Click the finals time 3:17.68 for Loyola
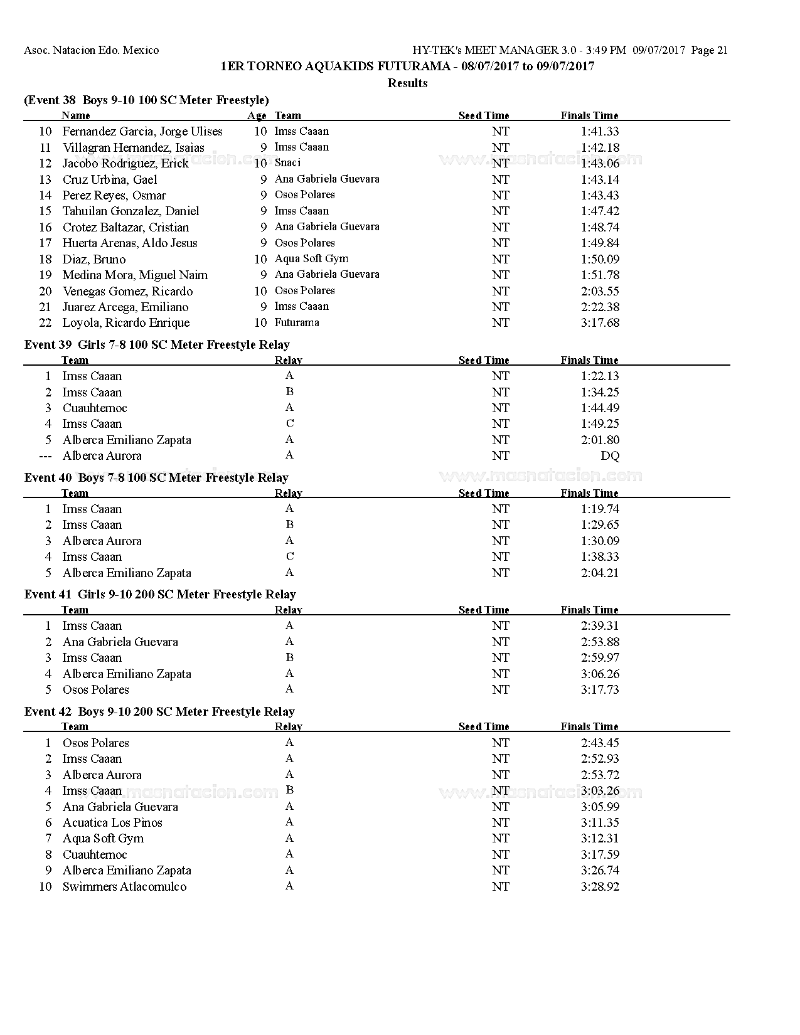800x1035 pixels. [600, 323]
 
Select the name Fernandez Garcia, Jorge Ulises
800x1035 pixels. [142, 132]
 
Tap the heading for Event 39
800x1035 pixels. [157, 344]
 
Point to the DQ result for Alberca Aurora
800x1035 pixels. [610, 456]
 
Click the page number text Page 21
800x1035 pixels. [709, 50]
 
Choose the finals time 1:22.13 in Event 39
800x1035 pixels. [600, 376]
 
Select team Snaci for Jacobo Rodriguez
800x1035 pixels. [287, 163]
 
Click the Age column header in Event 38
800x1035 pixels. [257, 115]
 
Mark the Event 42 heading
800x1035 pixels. [159, 711]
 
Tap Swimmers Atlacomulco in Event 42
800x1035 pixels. [124, 886]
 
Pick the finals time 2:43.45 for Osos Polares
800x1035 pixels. [600, 743]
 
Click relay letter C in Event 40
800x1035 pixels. [289, 556]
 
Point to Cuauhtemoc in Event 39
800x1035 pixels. [95, 408]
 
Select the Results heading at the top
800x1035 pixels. [407, 83]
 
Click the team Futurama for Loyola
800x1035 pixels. [297, 322]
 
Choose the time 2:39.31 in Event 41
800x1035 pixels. [600, 626]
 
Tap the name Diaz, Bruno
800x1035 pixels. [94, 259]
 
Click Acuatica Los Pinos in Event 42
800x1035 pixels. [112, 822]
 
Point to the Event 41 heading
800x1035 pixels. [160, 594]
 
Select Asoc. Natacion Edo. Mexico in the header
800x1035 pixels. [92, 50]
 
